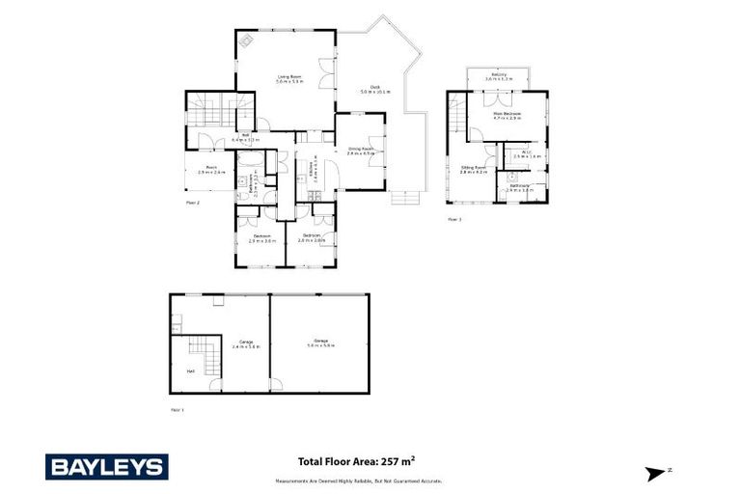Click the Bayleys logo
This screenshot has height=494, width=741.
click(x=107, y=467)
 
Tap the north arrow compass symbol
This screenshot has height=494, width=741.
click(x=658, y=472)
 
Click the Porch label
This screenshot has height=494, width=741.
click(x=211, y=170)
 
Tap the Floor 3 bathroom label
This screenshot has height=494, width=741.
click(x=520, y=189)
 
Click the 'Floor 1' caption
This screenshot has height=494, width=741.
click(x=177, y=410)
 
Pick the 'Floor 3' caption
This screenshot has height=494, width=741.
click(x=454, y=220)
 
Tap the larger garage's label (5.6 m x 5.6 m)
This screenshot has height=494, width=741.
click(x=320, y=343)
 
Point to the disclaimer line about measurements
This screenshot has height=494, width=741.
click(x=359, y=480)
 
